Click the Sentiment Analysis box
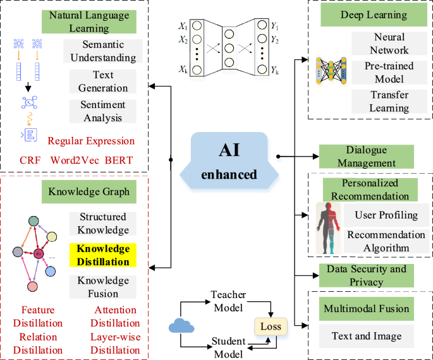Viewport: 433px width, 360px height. pyautogui.click(x=103, y=111)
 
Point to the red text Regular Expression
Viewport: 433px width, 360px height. pyautogui.click(x=91, y=141)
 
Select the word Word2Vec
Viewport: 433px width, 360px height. pyautogui.click(x=72, y=160)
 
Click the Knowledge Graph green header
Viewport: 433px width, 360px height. pyautogui.click(x=88, y=191)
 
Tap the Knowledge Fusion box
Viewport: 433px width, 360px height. pyautogui.click(x=98, y=287)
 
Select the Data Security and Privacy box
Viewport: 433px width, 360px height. pyautogui.click(x=366, y=275)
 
